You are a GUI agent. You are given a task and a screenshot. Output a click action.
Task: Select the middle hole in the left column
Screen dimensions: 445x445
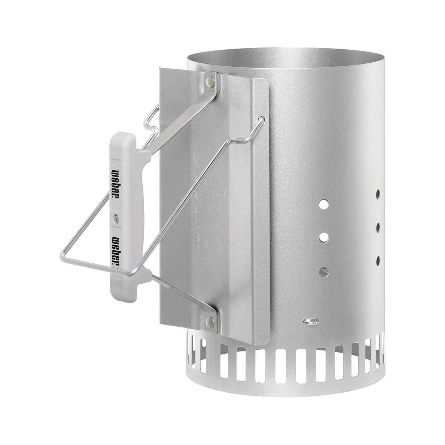click(x=324, y=236)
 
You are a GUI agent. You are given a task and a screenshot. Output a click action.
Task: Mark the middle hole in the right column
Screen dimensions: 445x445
click(x=378, y=225)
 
